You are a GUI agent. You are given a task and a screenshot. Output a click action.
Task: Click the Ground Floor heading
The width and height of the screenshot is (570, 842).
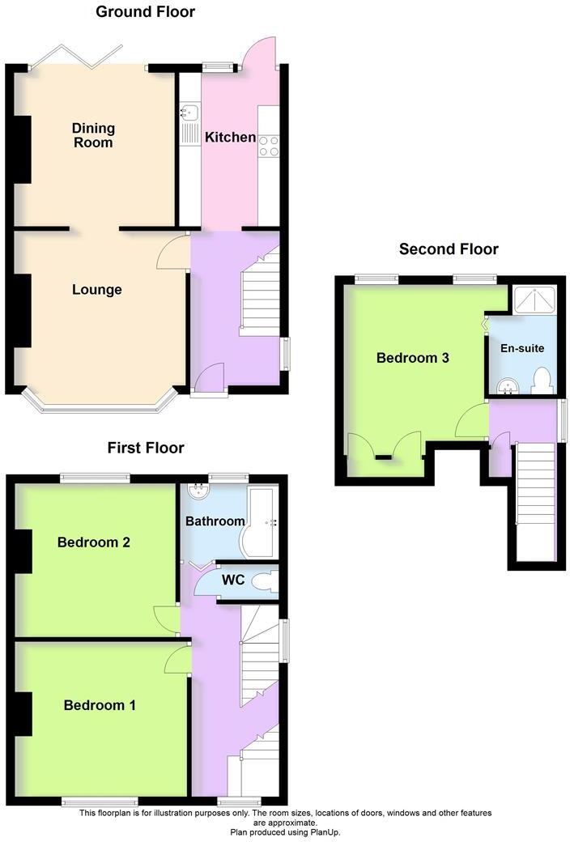(x=145, y=12)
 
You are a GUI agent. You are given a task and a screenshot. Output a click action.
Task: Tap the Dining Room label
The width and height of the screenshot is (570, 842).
(x=93, y=135)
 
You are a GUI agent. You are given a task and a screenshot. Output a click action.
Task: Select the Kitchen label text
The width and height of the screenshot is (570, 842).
(x=230, y=138)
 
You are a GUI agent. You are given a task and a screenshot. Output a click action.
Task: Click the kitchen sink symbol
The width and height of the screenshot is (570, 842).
(x=190, y=111)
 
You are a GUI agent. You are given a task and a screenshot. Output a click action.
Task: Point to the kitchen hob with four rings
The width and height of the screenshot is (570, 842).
(x=269, y=145)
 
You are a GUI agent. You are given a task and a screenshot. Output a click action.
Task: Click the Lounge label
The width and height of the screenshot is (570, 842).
(x=96, y=290)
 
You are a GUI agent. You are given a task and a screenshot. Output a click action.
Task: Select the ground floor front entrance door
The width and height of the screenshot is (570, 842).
(x=208, y=381)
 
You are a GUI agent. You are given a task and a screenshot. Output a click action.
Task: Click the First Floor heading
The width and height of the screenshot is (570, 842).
(x=146, y=448)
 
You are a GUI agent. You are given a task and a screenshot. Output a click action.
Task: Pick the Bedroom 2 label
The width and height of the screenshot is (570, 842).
(x=94, y=542)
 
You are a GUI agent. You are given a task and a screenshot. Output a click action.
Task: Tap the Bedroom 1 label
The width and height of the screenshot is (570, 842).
(x=100, y=705)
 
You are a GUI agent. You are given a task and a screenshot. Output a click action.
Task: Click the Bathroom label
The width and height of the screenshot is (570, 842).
(x=215, y=521)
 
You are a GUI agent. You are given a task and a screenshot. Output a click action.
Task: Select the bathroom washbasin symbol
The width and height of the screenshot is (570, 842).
(x=197, y=492)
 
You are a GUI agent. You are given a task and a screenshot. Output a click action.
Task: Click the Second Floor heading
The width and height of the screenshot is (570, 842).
(x=449, y=249)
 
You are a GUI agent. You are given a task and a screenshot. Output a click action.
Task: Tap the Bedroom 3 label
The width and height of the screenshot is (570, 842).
(x=413, y=358)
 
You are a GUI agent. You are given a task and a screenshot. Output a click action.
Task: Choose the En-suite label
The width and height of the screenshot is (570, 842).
(x=522, y=348)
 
